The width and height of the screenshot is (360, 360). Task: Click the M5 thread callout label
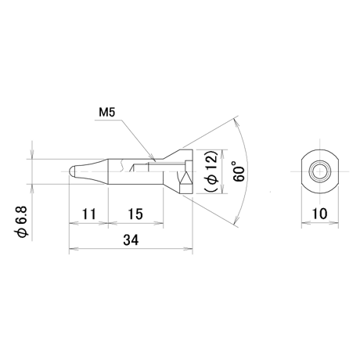point(107,113)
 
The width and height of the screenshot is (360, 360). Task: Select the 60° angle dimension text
point(239,171)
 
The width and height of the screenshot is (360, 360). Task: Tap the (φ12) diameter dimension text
point(211,171)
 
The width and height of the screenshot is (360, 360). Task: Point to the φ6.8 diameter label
point(21,221)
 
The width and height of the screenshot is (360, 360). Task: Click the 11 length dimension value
point(89,214)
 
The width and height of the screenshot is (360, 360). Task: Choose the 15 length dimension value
point(135,214)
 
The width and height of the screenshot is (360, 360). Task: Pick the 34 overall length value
point(131,240)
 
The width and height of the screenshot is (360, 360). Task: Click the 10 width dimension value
point(319,214)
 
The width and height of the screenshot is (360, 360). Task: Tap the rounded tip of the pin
point(71,171)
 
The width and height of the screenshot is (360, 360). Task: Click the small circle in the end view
point(319,171)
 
